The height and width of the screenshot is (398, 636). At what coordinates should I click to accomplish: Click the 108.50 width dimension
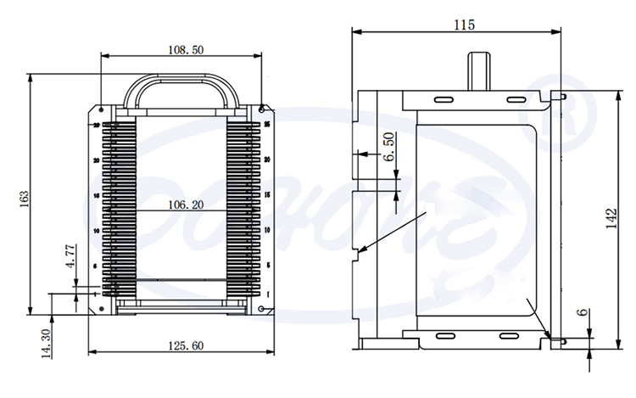(186, 50)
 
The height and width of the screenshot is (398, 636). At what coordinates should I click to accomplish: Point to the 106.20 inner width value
(185, 204)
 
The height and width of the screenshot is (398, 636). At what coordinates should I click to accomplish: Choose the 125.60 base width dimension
(186, 345)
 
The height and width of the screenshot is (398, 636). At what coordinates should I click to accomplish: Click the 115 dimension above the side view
(463, 25)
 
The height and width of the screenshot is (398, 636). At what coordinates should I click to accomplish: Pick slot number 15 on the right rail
(267, 195)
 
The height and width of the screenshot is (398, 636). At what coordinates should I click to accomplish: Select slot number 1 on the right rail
(267, 294)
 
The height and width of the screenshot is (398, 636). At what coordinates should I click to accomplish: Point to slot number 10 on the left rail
(97, 230)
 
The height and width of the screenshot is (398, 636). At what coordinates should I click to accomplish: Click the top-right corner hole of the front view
(262, 109)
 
